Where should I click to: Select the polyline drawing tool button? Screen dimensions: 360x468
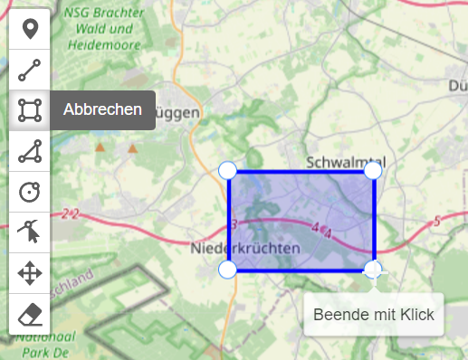pos(30,70)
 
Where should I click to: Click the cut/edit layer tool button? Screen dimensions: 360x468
pos(30,232)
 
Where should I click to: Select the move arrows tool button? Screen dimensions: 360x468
pos(30,273)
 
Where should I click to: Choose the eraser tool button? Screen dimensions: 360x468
pos(30,314)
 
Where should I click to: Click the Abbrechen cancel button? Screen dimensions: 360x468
pos(102,110)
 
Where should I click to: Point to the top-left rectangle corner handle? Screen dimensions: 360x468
pos(228,170)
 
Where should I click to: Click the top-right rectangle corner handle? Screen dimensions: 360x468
pos(372,170)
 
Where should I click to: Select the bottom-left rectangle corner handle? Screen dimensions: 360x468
pos(228,269)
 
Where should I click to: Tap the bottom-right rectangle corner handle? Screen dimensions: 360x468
pos(372,269)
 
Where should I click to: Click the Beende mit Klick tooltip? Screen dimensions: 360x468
pos(373,315)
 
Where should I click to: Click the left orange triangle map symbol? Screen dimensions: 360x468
pos(100,147)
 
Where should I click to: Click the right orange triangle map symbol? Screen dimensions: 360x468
pos(133,147)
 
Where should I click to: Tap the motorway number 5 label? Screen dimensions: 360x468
pos(436,221)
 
